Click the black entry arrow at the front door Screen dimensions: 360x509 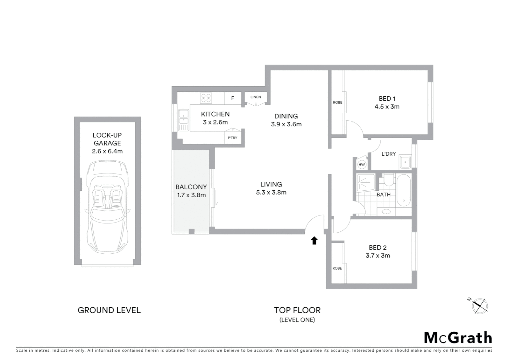[x=314, y=240]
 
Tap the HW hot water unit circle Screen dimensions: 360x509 [x=361, y=164]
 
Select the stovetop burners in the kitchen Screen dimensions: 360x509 [x=206, y=98]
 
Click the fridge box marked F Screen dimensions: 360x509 [x=233, y=98]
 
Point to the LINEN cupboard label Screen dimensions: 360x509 [x=255, y=97]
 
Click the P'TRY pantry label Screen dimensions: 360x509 [x=233, y=138]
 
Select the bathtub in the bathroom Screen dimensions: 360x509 [x=403, y=190]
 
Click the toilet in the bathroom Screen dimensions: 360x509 [x=388, y=180]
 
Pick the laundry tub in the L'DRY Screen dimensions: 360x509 [x=405, y=162]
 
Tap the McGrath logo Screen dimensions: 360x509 [x=458, y=338]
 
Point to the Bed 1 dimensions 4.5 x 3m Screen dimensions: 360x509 [x=387, y=107]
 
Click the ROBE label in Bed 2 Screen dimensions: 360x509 [x=337, y=268]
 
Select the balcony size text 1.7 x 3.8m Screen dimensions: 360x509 [x=191, y=195]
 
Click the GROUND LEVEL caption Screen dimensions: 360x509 [x=109, y=310]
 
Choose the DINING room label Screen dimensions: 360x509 [x=286, y=116]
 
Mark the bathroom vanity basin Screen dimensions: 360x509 [x=386, y=211]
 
